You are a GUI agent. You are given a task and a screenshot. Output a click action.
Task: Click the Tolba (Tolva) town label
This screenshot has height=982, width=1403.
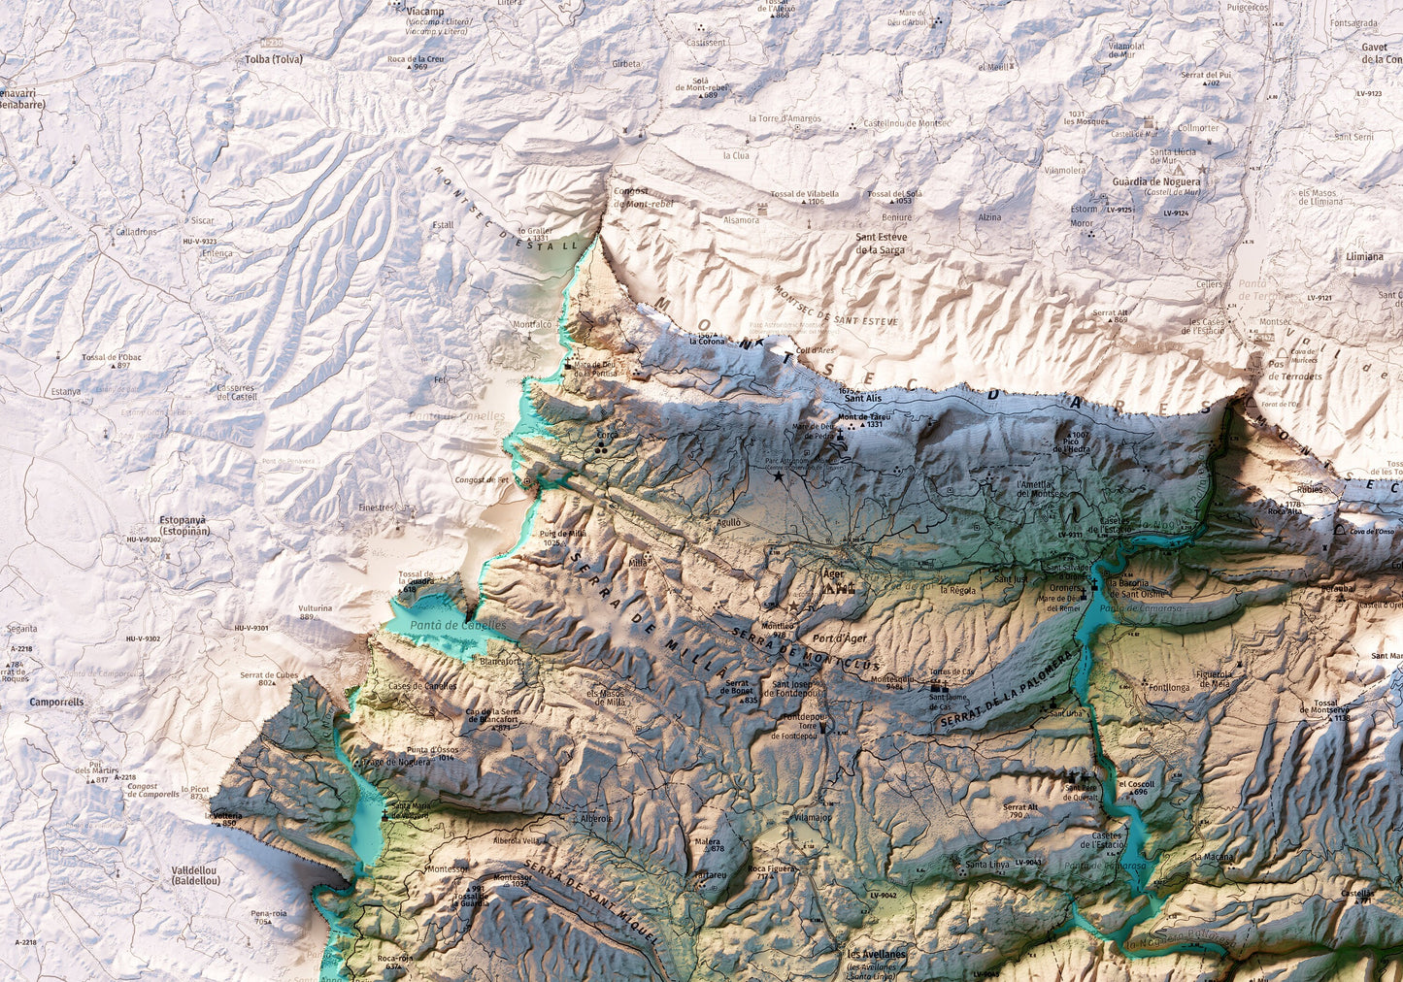click(274, 59)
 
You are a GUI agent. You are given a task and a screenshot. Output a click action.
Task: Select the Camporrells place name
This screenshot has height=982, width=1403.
click(56, 702)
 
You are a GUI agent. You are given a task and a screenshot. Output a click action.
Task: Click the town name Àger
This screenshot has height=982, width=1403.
click(833, 573)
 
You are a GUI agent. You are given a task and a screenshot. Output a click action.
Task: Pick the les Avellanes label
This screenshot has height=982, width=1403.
click(876, 954)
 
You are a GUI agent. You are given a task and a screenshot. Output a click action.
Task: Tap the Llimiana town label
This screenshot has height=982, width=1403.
click(1364, 256)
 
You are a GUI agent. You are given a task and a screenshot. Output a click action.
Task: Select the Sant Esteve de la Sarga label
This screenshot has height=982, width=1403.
click(880, 243)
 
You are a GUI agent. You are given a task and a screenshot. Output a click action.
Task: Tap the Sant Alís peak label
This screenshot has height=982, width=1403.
click(862, 398)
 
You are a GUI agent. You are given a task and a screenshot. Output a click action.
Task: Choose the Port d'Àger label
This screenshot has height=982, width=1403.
click(840, 638)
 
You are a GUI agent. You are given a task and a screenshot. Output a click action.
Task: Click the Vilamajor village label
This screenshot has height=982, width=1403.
click(812, 818)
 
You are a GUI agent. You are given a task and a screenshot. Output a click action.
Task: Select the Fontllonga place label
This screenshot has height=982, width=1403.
click(1168, 686)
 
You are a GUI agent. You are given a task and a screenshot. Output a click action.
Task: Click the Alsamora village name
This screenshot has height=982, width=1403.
click(741, 220)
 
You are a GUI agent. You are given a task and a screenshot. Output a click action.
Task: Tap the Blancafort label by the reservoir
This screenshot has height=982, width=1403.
click(500, 661)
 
